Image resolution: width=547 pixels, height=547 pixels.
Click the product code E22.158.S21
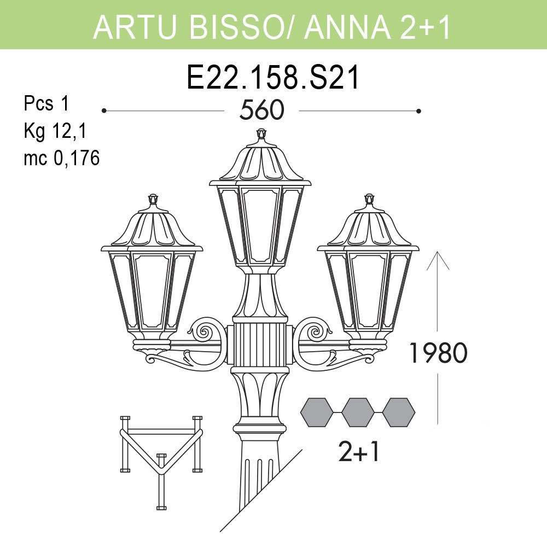click(x=273, y=77)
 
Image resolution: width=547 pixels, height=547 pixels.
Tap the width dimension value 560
click(x=261, y=111)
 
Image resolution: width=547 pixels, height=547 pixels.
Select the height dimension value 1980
click(x=438, y=354)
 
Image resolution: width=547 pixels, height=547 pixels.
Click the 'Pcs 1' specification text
click(x=46, y=103)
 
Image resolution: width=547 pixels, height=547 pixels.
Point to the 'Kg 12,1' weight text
click(x=55, y=131)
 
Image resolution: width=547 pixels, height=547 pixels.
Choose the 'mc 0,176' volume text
click(x=61, y=159)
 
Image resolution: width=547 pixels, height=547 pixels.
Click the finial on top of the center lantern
click(x=261, y=134)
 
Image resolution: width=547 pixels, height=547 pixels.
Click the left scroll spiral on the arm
click(x=206, y=331)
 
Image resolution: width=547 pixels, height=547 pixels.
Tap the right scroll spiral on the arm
click(x=316, y=331)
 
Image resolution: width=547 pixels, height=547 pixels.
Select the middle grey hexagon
click(x=358, y=412)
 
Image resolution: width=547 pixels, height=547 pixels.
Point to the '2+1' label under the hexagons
click(x=358, y=452)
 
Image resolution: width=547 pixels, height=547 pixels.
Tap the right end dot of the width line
click(x=418, y=111)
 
